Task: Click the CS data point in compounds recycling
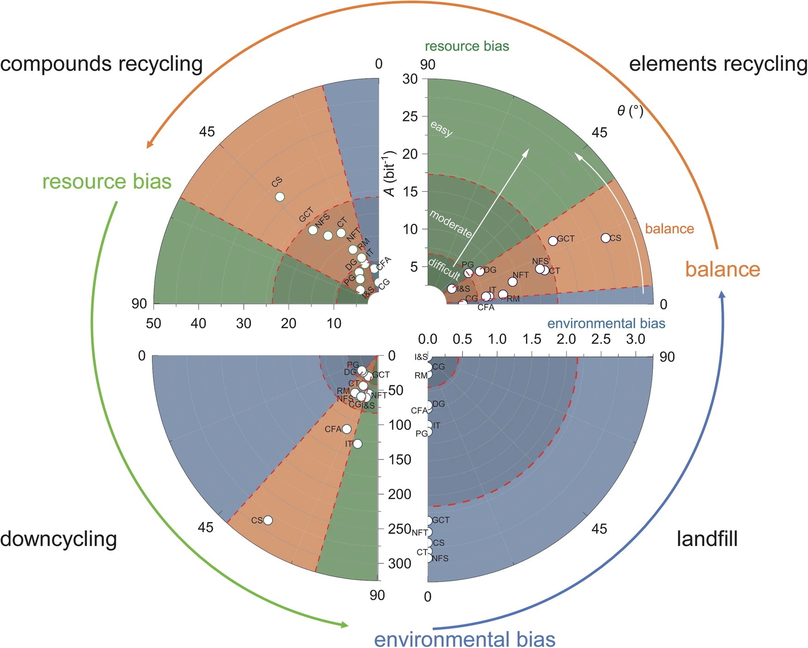click(280, 197)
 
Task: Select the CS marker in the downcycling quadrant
click(268, 520)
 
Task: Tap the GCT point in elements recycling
click(553, 241)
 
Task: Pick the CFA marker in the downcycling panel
click(346, 429)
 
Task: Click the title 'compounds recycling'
click(102, 64)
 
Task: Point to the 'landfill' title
click(707, 539)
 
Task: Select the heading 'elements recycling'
click(718, 64)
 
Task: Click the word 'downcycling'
click(59, 539)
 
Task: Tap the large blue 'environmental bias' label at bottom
click(464, 639)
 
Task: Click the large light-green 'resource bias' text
click(107, 181)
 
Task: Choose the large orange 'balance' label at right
click(723, 269)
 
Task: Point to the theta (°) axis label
click(630, 111)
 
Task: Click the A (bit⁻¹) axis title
click(391, 173)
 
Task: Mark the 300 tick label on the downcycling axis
click(400, 563)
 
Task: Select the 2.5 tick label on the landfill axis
click(601, 339)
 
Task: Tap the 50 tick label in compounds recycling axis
click(154, 323)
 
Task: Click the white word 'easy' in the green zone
click(441, 129)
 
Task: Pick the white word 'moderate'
click(451, 224)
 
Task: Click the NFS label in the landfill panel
click(440, 558)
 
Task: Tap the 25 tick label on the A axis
click(410, 116)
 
